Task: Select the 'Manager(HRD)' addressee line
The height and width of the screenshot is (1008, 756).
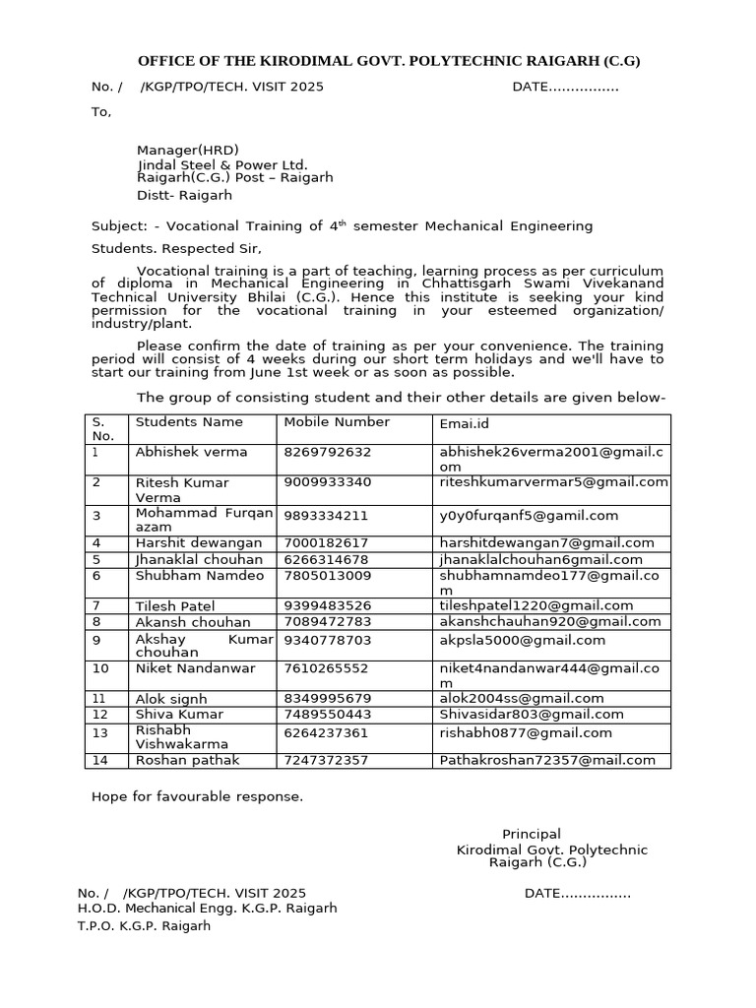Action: point(187,151)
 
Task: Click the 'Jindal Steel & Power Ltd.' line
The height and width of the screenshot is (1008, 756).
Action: point(222,164)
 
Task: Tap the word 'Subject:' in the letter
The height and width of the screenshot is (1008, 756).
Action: point(118,226)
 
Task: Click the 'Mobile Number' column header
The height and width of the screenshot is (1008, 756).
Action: point(337,422)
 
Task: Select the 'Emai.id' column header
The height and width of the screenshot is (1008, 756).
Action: point(464,423)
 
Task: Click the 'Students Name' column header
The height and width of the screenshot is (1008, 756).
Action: point(188,422)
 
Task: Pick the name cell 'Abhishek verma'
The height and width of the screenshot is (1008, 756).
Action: point(191,452)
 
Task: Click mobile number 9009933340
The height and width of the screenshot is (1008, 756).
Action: point(328,482)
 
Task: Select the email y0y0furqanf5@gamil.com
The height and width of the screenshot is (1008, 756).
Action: point(529,515)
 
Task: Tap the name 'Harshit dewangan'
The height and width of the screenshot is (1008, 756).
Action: point(198,542)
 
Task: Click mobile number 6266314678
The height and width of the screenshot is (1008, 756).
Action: point(328,559)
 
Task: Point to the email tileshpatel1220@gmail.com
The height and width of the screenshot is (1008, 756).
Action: point(536,605)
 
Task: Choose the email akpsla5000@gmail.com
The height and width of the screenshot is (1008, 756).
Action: point(522,640)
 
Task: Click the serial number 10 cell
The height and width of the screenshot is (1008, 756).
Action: point(100,668)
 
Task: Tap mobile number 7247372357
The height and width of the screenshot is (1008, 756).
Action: point(328,760)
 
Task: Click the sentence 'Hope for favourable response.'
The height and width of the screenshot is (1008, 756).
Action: point(197,796)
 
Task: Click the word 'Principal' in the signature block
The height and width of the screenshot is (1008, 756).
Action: point(532,834)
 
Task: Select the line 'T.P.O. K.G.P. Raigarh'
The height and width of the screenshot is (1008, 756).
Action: point(144,926)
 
